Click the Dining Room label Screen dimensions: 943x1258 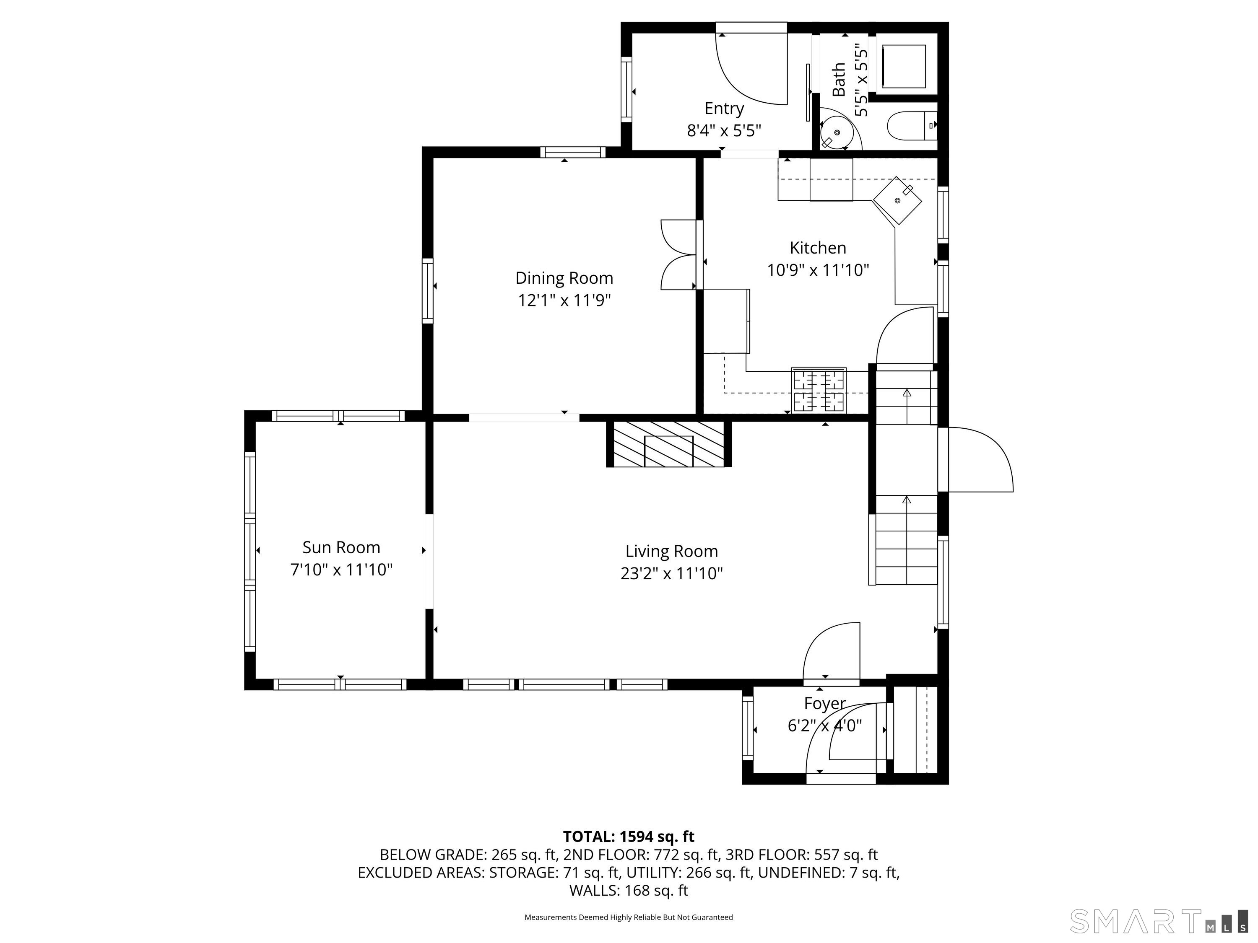pos(564,278)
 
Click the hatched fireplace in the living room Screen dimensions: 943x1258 pos(668,444)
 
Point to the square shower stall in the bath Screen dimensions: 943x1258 pos(903,66)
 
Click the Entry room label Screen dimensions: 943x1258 pos(724,108)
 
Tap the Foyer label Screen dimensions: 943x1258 pos(825,703)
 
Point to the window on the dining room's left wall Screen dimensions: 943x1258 pos(427,290)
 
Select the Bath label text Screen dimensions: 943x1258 pos(838,79)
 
